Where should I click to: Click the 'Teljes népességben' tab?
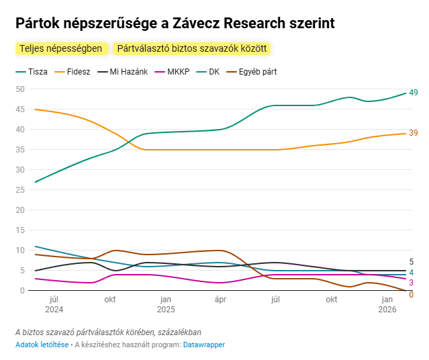point(61,49)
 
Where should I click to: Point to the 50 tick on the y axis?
point(20,89)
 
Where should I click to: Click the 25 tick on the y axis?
point(20,190)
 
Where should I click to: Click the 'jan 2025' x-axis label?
point(165,304)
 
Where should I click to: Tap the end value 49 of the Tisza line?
point(414,93)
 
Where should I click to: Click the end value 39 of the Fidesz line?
point(414,133)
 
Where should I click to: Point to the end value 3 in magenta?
point(412,283)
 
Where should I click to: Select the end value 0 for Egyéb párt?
point(412,294)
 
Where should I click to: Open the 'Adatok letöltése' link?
point(42,345)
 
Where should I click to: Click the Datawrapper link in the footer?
point(204,345)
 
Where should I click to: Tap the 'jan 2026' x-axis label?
point(387,304)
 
